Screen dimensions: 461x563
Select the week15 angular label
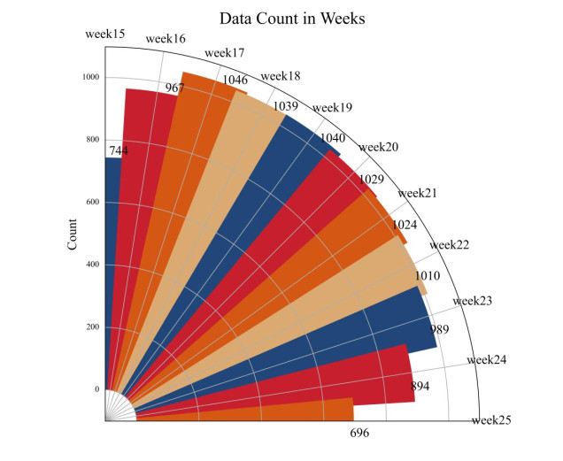(104, 35)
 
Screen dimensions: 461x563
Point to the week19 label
(333, 108)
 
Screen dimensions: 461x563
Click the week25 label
(491, 420)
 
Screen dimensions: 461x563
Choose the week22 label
(449, 245)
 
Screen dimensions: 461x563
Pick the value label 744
(118, 151)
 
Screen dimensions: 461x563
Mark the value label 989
(440, 329)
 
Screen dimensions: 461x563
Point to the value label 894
(420, 387)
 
